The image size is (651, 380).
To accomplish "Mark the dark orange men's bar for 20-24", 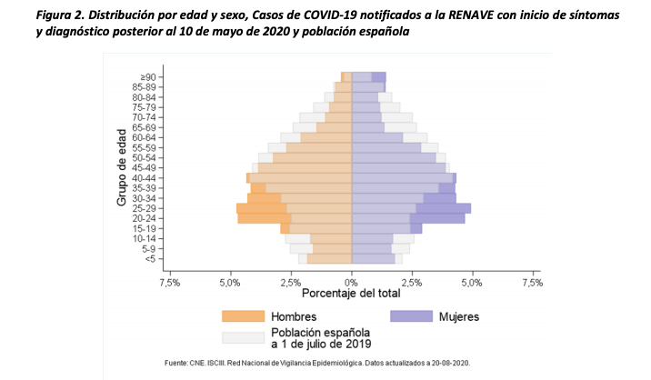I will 264,218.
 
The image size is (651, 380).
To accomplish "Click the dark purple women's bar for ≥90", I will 378,76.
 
